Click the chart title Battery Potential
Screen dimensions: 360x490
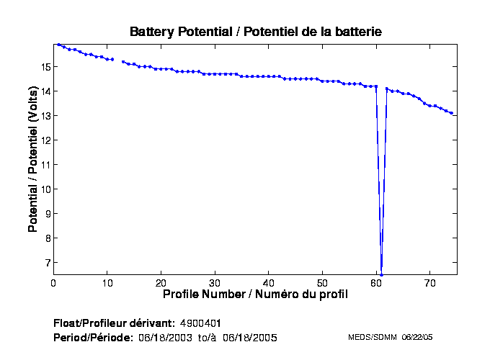click(255, 32)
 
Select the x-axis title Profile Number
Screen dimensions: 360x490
click(255, 294)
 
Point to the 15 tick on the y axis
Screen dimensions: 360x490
click(45, 67)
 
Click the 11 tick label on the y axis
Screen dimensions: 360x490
click(45, 165)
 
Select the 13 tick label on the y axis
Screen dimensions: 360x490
click(45, 116)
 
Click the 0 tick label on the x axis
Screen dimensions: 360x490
click(53, 282)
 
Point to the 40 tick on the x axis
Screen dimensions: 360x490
click(269, 282)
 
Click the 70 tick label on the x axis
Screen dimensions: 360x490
click(430, 282)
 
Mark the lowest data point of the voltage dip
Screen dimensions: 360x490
click(381, 274)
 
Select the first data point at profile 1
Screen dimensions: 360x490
click(58, 45)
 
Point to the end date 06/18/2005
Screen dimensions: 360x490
click(249, 337)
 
